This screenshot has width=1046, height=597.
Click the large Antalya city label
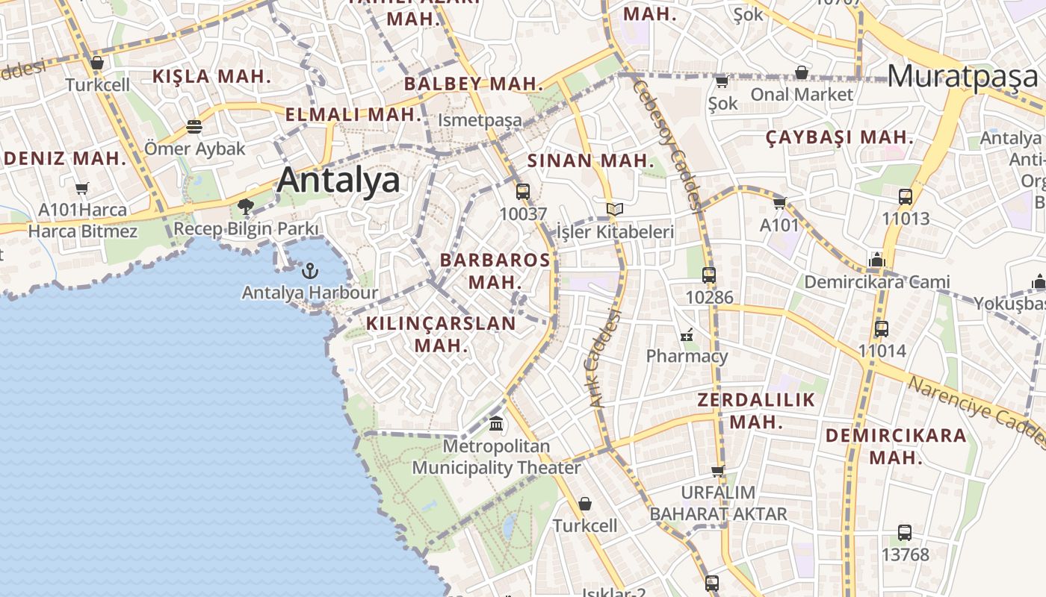click(338, 181)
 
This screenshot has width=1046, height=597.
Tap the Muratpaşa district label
click(963, 76)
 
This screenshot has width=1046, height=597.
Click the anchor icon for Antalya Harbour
click(309, 270)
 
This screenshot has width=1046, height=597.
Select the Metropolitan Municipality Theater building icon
click(496, 424)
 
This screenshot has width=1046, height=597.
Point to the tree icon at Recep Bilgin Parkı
click(246, 206)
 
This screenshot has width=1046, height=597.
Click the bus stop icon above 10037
click(523, 191)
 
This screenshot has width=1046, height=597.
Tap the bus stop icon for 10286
click(709, 275)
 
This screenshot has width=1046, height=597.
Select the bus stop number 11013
click(906, 219)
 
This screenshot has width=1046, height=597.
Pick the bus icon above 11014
click(882, 328)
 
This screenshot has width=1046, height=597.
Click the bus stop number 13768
click(905, 554)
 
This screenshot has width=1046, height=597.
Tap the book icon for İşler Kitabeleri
click(614, 210)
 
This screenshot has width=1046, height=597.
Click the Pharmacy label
click(687, 356)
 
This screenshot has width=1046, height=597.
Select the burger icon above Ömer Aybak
click(194, 126)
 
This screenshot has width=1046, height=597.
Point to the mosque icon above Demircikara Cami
click(877, 260)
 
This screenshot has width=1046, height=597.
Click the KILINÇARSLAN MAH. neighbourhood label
click(441, 334)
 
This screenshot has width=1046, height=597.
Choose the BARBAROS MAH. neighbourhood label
click(495, 271)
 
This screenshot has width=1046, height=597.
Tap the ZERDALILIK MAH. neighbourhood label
click(756, 410)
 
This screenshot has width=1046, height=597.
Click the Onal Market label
click(802, 94)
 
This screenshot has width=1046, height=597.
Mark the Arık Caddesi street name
click(605, 358)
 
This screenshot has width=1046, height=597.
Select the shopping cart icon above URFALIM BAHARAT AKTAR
click(718, 471)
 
